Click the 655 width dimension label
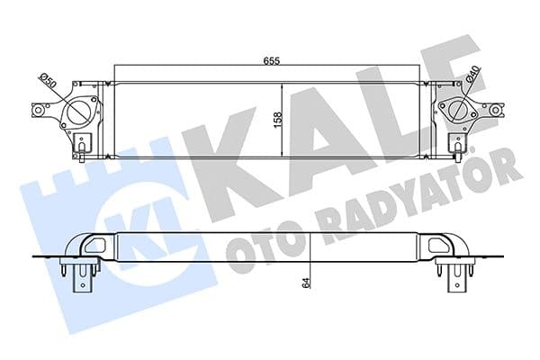(269, 61)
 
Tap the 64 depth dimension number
(305, 283)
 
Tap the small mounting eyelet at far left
(40, 112)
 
